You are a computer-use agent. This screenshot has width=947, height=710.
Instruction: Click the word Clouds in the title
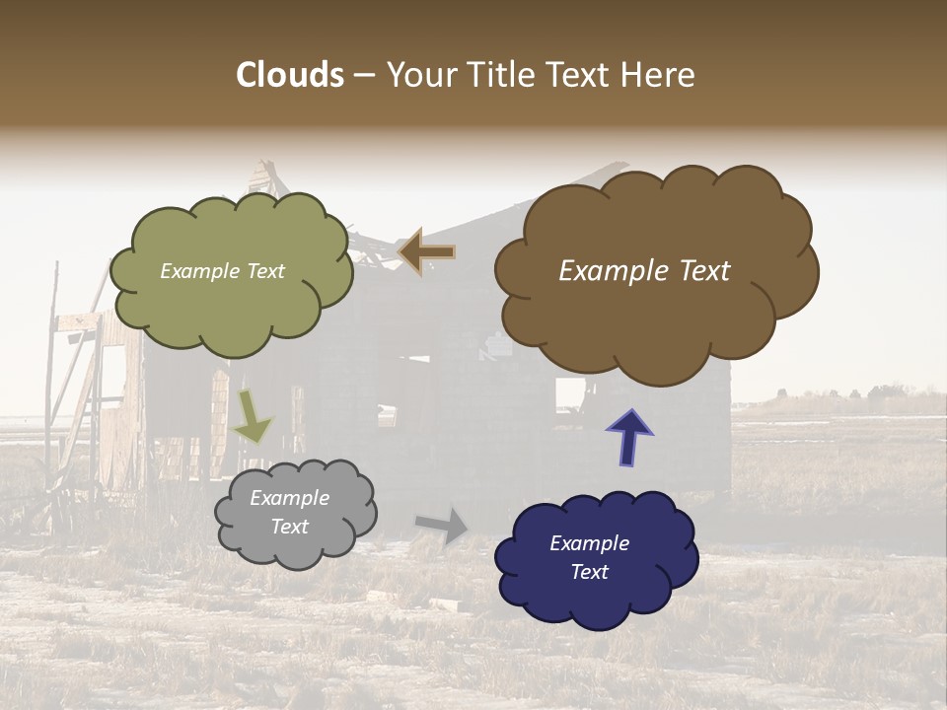pos(289,75)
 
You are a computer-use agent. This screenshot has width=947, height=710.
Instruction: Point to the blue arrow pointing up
pos(629,437)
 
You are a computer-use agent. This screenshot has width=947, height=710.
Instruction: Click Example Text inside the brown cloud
pos(644,271)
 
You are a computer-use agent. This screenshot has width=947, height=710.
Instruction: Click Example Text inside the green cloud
pos(222,271)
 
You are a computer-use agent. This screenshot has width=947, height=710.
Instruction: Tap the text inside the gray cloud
pos(289,513)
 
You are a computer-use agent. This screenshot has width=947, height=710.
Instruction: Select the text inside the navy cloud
pos(589,558)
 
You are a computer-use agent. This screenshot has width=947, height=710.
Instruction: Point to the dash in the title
pos(364,76)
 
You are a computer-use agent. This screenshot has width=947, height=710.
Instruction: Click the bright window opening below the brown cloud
pos(569,394)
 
